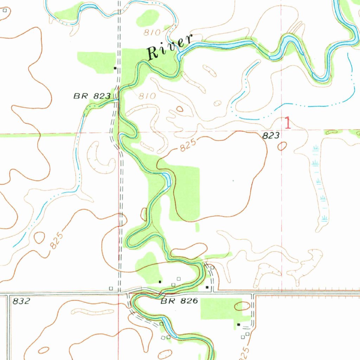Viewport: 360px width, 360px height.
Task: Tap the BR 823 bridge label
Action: tap(92, 96)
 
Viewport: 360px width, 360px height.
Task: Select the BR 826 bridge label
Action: tap(180, 301)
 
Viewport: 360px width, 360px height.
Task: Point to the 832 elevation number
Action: tap(21, 301)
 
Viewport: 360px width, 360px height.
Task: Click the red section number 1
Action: tap(288, 123)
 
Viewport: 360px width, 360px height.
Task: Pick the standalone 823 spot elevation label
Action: tap(271, 135)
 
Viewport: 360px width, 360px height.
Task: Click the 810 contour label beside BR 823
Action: tap(147, 96)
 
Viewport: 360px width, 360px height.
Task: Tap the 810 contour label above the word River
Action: tap(152, 33)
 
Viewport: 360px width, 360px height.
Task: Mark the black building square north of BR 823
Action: tap(115, 68)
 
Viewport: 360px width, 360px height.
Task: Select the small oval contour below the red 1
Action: tap(282, 146)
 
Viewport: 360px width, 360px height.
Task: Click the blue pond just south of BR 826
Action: tap(168, 330)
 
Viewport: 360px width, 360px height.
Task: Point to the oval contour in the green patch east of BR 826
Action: tap(242, 306)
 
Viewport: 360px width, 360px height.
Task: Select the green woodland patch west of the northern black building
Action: tap(96, 62)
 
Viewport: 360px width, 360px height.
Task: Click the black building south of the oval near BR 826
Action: tap(239, 324)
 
